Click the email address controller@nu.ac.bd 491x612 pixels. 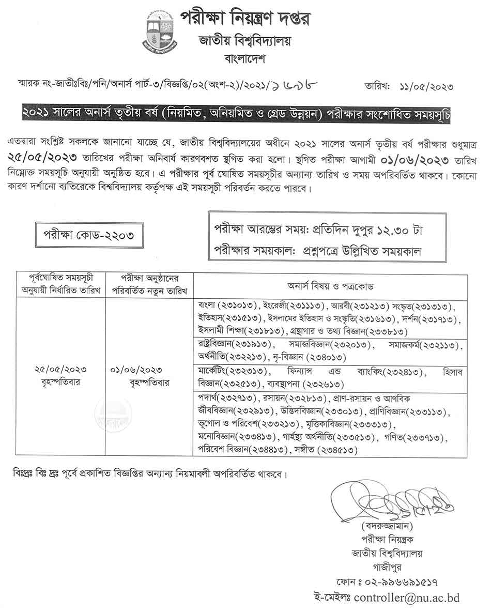tap(404, 598)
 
